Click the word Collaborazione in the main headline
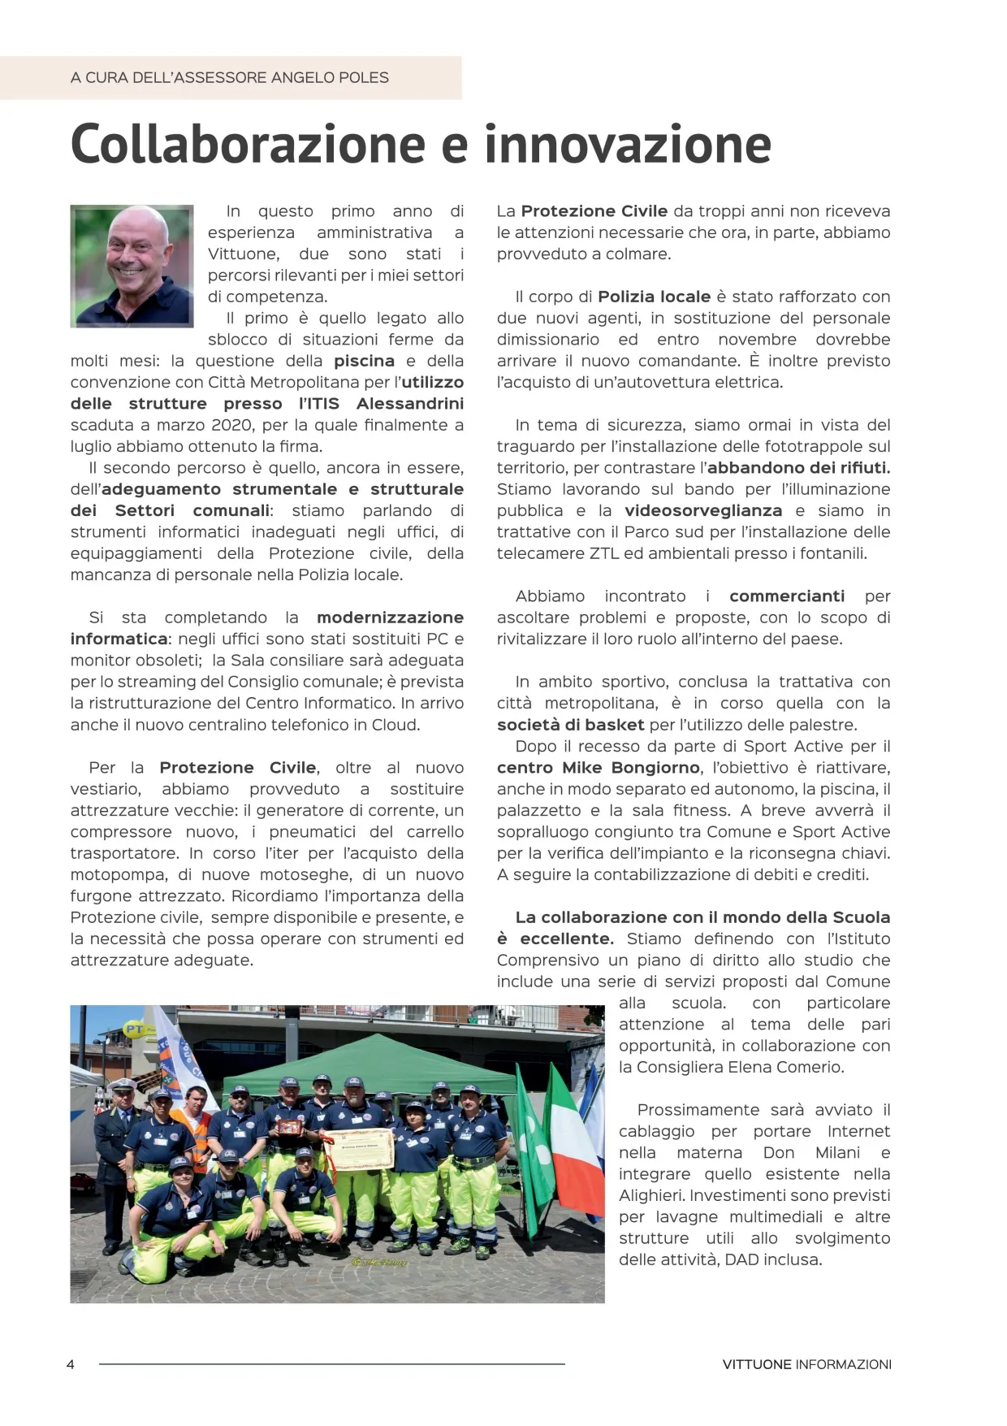248,145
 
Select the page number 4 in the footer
71,1364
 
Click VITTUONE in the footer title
756,1364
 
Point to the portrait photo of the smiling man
132,266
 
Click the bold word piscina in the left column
364,361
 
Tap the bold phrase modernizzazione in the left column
390,618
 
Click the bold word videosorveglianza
703,510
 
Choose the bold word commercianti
787,596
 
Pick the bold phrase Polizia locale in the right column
654,297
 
